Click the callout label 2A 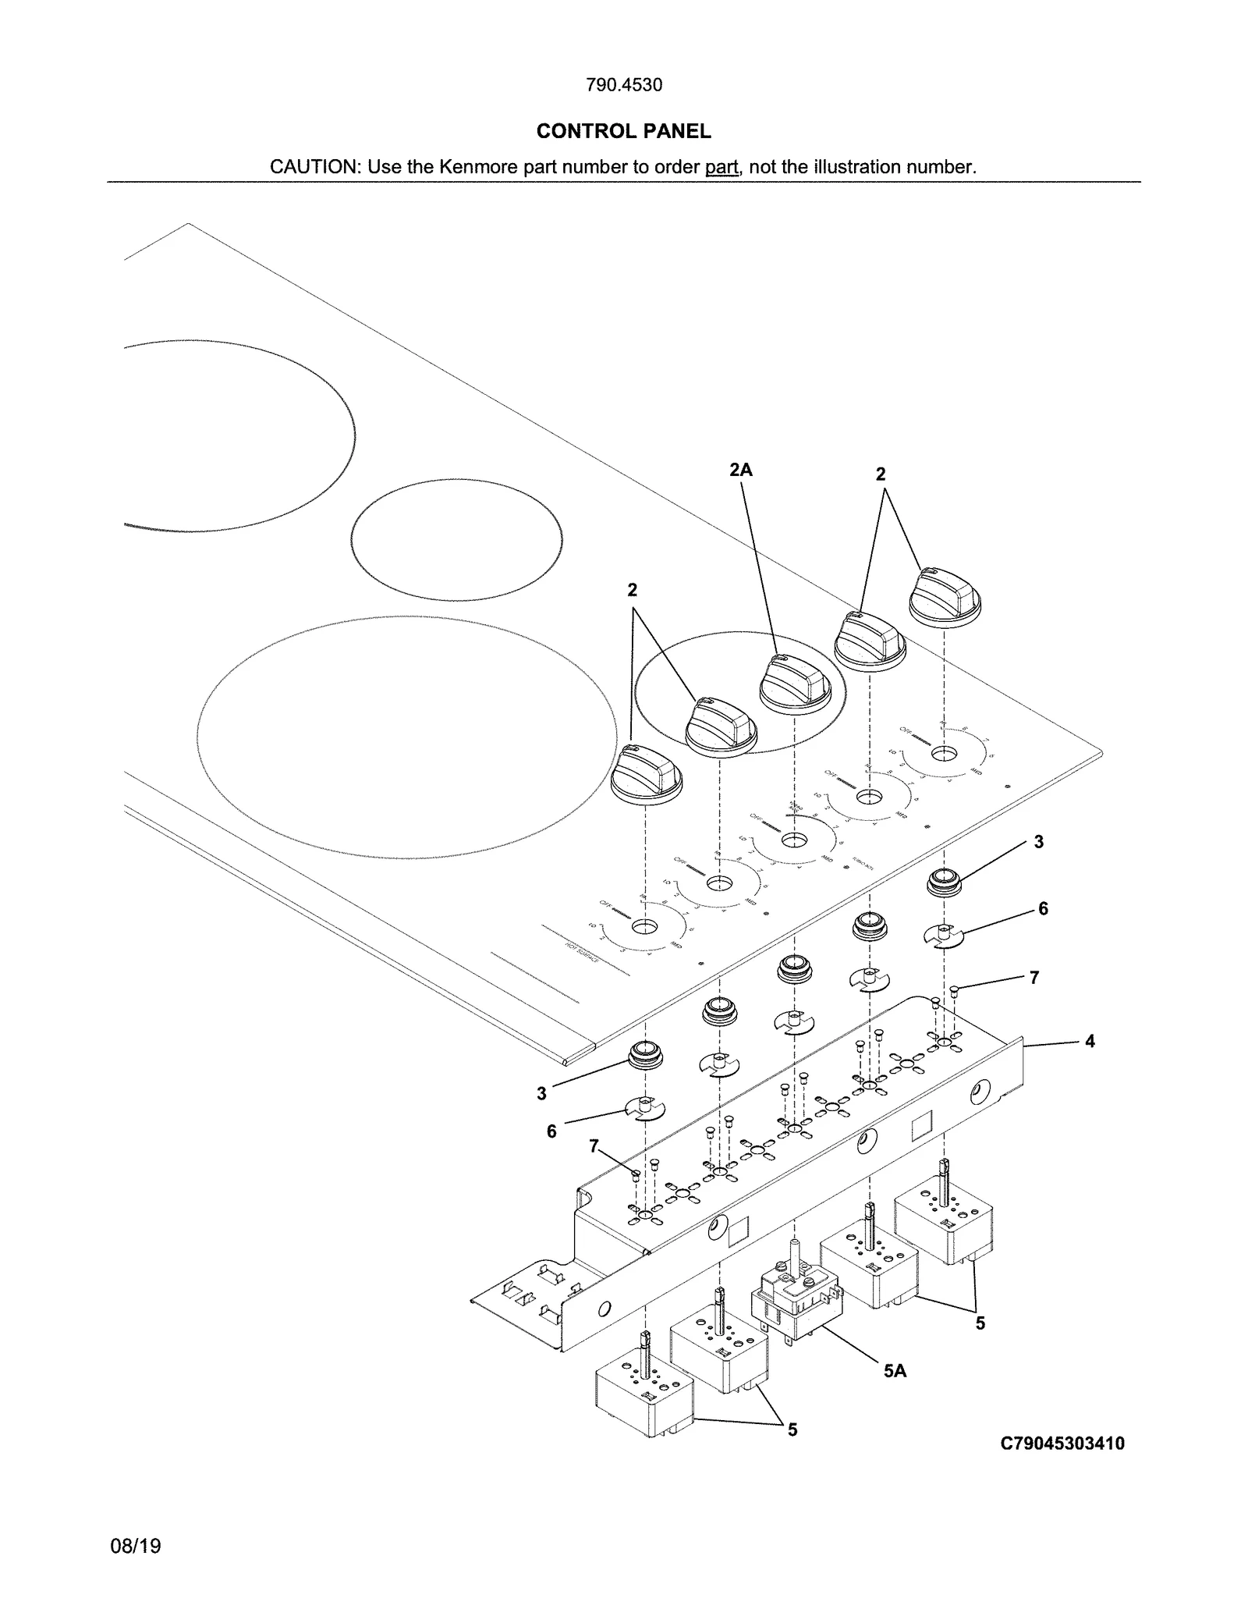click(740, 470)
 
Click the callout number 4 click(1090, 1041)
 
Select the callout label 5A click(895, 1370)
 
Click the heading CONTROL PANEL click(623, 131)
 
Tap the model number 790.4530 click(623, 85)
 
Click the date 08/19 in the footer click(136, 1546)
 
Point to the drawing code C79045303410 click(1062, 1443)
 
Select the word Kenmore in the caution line click(479, 167)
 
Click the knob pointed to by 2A click(795, 684)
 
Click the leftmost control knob click(646, 774)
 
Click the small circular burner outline click(456, 540)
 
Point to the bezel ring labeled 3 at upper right click(944, 883)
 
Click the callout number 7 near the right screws click(1034, 978)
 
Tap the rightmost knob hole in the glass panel click(944, 754)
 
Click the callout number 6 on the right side click(1043, 908)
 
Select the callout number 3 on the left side click(542, 1094)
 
